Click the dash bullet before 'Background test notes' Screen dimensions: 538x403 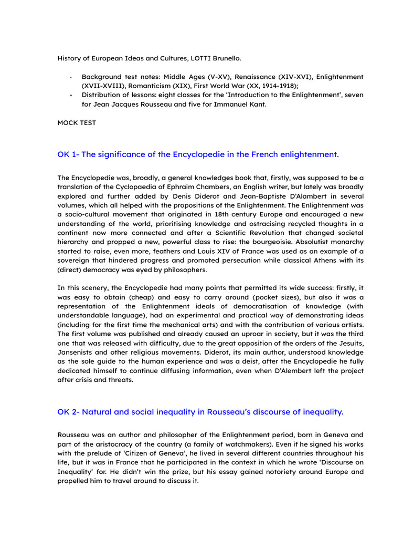click(70, 77)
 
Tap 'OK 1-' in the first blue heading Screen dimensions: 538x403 click(68, 154)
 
